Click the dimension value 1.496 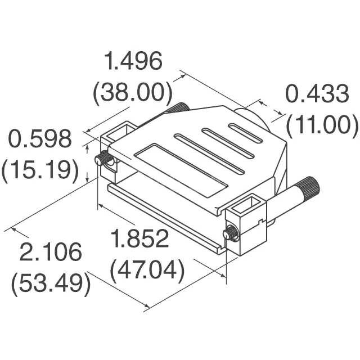[x=134, y=61]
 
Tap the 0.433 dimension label [x=317, y=94]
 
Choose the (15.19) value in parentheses [x=39, y=169]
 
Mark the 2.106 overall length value [x=51, y=252]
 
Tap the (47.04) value [x=147, y=271]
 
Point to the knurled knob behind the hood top [x=180, y=106]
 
